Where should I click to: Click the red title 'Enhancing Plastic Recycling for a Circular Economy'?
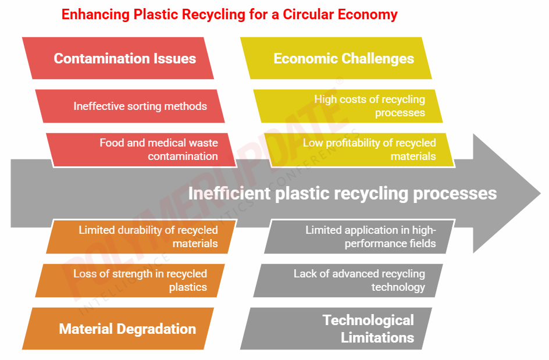click(229, 15)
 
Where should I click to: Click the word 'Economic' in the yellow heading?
click(304, 58)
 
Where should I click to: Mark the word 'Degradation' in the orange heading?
click(158, 329)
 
